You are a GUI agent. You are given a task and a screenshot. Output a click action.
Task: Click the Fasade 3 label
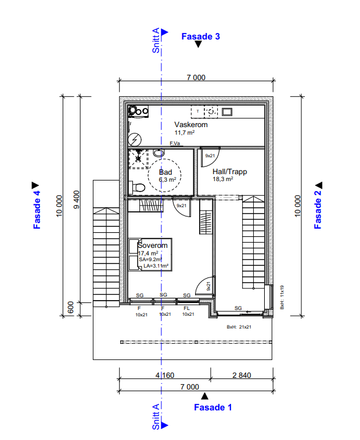pyautogui.click(x=200, y=37)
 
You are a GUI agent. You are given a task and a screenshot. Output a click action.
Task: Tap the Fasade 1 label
pyautogui.click(x=213, y=407)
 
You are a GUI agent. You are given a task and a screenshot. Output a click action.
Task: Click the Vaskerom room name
pyautogui.click(x=191, y=124)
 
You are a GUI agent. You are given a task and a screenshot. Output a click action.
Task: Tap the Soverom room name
pyautogui.click(x=152, y=246)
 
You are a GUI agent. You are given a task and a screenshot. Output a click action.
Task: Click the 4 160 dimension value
pyautogui.click(x=164, y=376)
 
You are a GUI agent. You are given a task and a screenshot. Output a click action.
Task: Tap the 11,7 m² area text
pyautogui.click(x=185, y=133)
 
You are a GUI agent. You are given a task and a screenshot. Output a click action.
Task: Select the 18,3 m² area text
pyautogui.click(x=222, y=180)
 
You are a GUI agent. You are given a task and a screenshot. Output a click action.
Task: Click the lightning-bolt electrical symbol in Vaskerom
pyautogui.click(x=135, y=139)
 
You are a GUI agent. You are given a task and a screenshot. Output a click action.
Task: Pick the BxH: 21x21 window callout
pyautogui.click(x=239, y=327)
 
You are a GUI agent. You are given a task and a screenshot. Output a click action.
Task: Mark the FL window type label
pyautogui.click(x=187, y=308)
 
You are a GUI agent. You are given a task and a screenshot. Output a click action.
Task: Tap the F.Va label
pyautogui.click(x=174, y=143)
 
